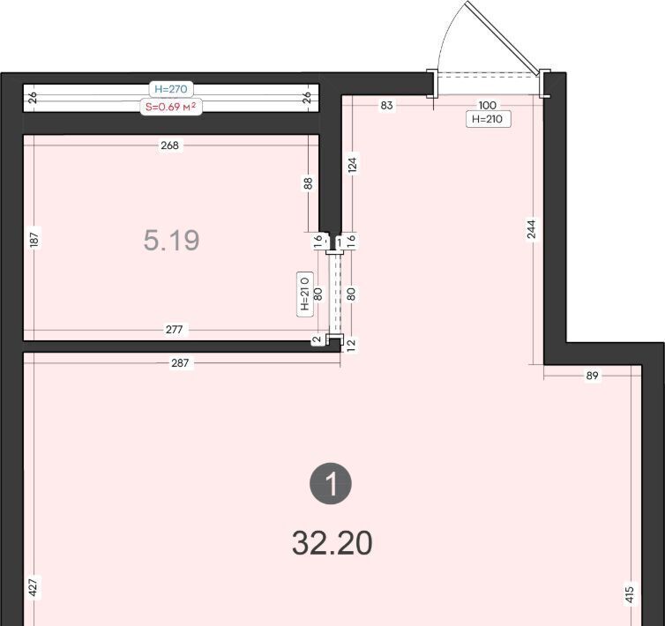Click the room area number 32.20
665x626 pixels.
point(332,543)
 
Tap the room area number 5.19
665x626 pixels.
point(171,240)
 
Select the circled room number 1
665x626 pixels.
point(331,483)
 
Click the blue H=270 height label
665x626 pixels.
point(171,89)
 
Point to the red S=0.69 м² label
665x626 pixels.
point(171,107)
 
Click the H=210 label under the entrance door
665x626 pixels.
point(488,119)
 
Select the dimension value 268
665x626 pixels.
point(169,145)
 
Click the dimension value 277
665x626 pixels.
point(175,330)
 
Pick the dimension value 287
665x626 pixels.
point(180,363)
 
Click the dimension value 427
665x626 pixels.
point(34,587)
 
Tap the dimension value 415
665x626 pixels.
point(630,594)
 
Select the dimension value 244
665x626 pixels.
point(532,228)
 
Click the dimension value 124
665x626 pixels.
point(353,165)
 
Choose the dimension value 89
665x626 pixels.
point(592,376)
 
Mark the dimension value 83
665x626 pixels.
point(387,105)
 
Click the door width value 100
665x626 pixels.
point(488,105)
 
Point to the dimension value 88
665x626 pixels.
point(309,183)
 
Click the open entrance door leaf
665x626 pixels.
point(502,36)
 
